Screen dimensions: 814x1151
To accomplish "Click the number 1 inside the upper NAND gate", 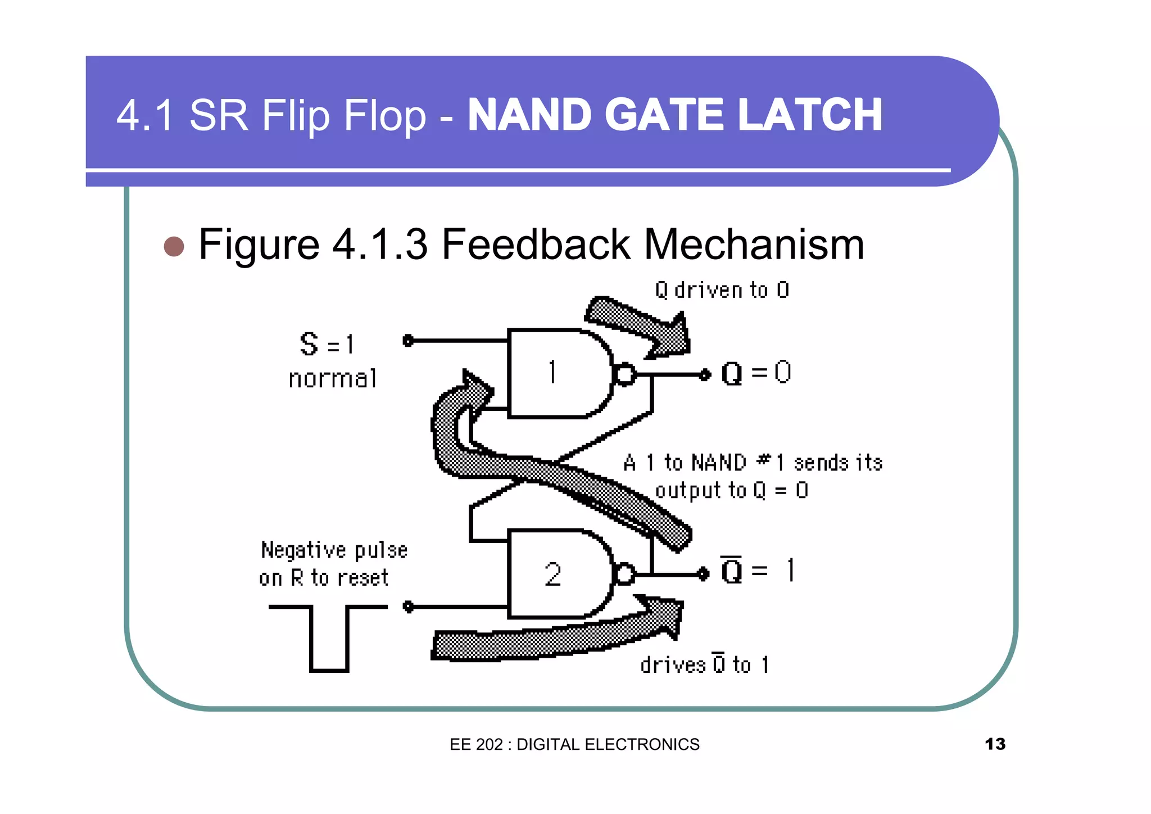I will point(552,372).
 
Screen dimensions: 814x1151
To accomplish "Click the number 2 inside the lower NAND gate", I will point(553,575).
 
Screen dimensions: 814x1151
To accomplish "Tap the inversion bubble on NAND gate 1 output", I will point(625,374).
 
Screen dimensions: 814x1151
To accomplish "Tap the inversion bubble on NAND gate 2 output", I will point(625,575).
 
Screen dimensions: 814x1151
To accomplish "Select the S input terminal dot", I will point(409,341).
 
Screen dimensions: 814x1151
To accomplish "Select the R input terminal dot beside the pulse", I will point(409,607).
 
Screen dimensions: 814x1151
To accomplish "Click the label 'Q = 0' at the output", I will point(756,373).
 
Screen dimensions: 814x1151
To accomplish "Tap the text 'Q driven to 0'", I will point(722,291).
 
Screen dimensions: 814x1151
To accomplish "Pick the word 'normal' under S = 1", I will point(332,379).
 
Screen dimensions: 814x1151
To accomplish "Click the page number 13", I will point(995,744).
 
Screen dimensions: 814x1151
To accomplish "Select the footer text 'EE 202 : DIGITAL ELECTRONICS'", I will point(574,744).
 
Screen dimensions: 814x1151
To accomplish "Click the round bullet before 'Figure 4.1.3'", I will point(174,246).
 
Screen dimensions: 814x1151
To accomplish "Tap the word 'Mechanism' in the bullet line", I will point(753,245).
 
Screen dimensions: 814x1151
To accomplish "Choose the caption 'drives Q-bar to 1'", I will point(704,664).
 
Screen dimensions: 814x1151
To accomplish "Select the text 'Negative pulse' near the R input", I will point(334,550).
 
